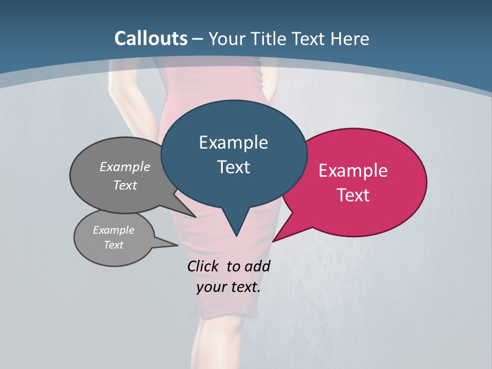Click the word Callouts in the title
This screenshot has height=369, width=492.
151,38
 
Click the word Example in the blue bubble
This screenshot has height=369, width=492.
233,142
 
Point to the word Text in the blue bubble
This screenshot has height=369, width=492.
233,167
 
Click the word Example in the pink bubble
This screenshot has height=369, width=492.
353,171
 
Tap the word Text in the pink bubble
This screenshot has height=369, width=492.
353,195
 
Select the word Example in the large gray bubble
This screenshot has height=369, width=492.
125,167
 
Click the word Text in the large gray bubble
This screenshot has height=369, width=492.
125,185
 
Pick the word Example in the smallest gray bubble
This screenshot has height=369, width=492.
113,230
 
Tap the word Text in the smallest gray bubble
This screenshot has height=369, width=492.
113,245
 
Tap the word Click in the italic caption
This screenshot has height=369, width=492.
203,266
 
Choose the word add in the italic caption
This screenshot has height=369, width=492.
257,266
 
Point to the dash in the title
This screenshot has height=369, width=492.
198,39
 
